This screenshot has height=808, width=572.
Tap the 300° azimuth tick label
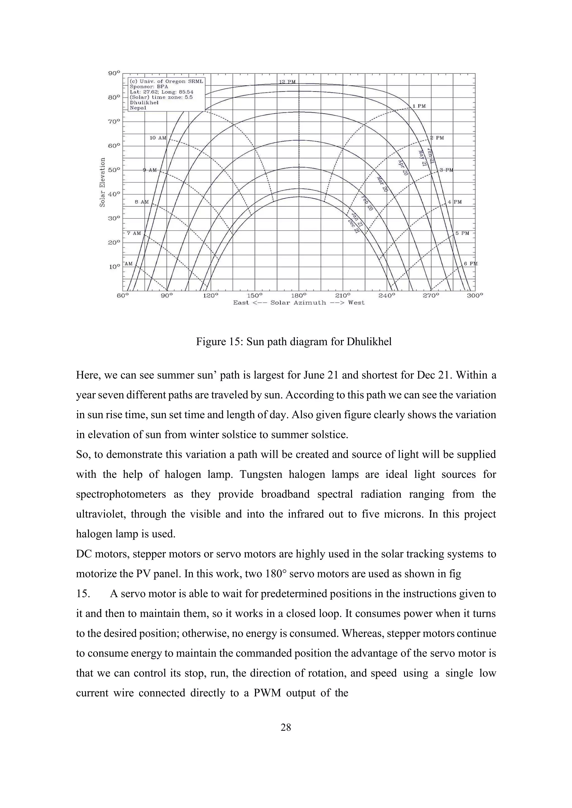click(x=475, y=296)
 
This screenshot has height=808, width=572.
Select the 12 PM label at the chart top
click(x=287, y=82)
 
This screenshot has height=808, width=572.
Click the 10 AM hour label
click(x=158, y=138)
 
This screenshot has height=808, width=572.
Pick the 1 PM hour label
click(x=419, y=106)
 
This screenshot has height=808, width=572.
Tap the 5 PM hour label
click(x=462, y=233)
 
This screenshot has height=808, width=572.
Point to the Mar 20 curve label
click(x=382, y=184)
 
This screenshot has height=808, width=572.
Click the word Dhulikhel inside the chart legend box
click(x=144, y=103)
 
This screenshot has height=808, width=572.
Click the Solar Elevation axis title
click(x=103, y=182)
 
